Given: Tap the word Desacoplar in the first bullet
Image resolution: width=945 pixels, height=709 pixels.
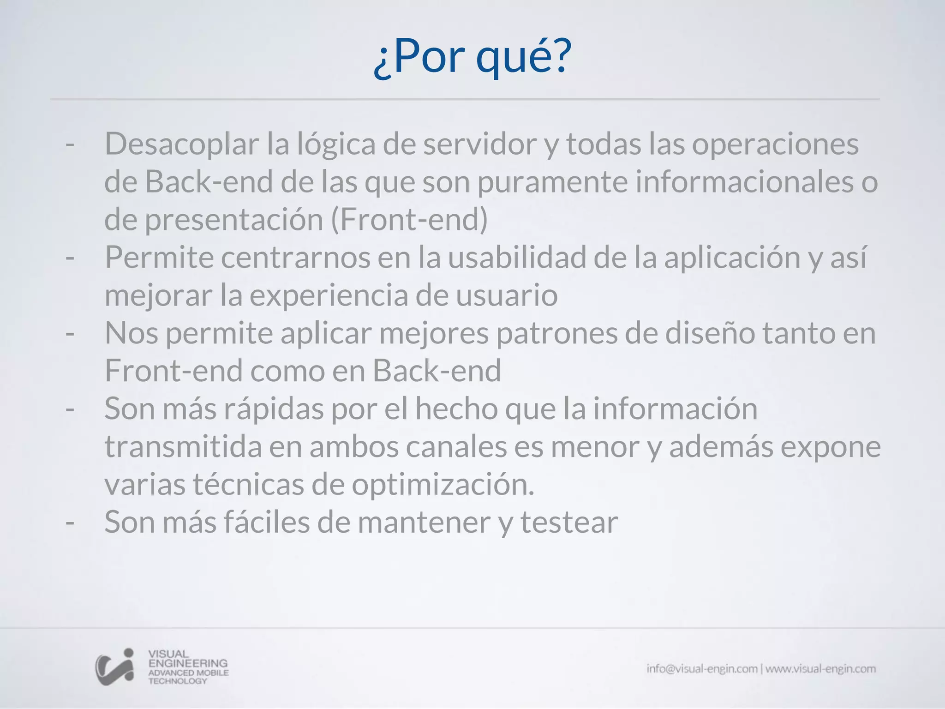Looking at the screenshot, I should (182, 144).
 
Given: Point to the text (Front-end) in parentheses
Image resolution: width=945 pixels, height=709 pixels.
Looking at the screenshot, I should (409, 220).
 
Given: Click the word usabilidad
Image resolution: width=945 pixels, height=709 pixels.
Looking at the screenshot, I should (517, 258).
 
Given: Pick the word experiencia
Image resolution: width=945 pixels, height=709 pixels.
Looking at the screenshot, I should (329, 295).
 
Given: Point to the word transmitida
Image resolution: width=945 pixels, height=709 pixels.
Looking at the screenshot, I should (183, 447).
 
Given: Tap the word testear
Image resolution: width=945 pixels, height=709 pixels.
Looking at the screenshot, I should (569, 523).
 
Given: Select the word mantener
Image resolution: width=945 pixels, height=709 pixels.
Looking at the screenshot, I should (424, 523).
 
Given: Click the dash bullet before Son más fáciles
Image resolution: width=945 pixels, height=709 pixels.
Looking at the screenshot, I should (70, 523).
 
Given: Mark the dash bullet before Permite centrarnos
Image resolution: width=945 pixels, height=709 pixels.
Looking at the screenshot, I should (70, 258).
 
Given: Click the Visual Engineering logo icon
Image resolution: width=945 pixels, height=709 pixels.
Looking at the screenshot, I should (115, 667).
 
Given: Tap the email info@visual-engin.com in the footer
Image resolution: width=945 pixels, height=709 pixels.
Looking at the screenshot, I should (702, 669).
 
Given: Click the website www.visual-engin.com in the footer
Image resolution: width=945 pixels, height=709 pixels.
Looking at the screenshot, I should (820, 669).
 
